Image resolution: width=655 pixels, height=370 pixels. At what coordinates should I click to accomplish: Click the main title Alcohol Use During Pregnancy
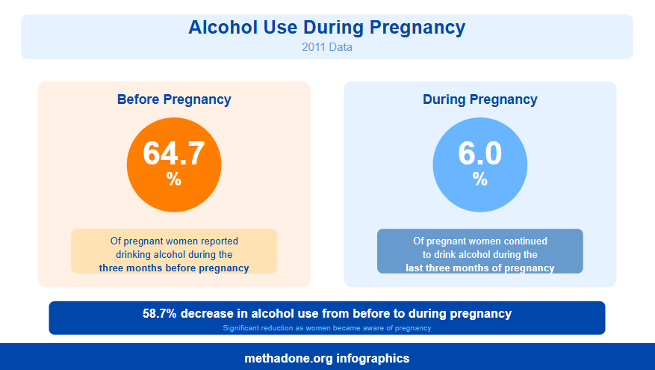pos(327,28)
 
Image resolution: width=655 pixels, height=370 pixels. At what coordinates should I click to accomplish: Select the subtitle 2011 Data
pos(327,46)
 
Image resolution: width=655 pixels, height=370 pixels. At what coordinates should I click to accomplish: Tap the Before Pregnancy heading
pos(174,99)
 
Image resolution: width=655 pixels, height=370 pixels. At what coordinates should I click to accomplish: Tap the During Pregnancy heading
pos(479,99)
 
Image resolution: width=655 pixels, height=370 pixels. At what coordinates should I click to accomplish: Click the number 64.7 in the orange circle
pos(174,153)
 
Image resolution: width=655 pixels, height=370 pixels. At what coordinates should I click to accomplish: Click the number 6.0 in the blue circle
pos(479,153)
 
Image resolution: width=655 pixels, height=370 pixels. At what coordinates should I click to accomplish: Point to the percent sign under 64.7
pos(174,179)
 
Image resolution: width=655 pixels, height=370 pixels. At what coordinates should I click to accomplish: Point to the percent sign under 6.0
pos(479,179)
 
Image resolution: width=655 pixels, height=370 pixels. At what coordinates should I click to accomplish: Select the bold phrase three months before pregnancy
pos(174,268)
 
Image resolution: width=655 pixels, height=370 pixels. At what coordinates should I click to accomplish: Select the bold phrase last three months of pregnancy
pos(479,268)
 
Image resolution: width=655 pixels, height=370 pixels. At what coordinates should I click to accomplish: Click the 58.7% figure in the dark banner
pos(160,313)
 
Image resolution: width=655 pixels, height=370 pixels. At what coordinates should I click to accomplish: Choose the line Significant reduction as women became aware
pos(327,327)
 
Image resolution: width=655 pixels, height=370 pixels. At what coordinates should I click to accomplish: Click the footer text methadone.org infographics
pos(327,358)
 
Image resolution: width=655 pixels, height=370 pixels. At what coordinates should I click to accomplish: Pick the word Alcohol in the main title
pos(219,28)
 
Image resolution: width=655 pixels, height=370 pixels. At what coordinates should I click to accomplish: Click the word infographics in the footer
pos(373,358)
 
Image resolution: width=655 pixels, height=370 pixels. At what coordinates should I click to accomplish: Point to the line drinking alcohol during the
pos(174,254)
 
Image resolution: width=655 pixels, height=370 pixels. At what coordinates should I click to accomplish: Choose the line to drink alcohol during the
pos(479,254)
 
